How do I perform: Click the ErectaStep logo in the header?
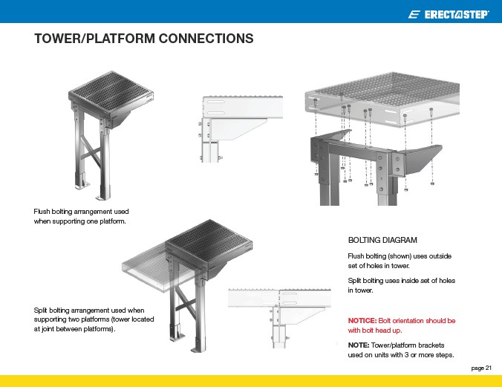(x=449, y=14)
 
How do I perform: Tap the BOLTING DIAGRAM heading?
(x=382, y=240)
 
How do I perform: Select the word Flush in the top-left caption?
(x=43, y=212)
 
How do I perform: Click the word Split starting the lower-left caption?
(x=42, y=309)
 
